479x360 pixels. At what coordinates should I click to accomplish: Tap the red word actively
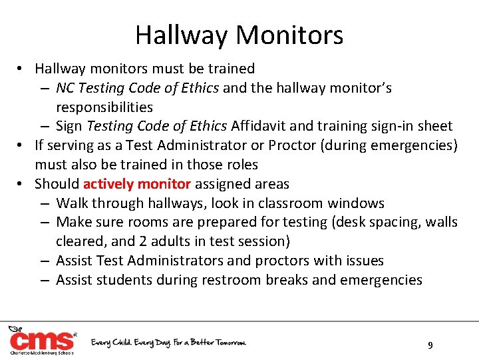coord(109,184)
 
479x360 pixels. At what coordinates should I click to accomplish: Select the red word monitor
coord(164,184)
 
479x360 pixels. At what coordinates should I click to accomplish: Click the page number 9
coord(430,345)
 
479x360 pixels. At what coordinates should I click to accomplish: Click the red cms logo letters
coord(41,341)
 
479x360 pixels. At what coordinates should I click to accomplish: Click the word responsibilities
coord(104,107)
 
